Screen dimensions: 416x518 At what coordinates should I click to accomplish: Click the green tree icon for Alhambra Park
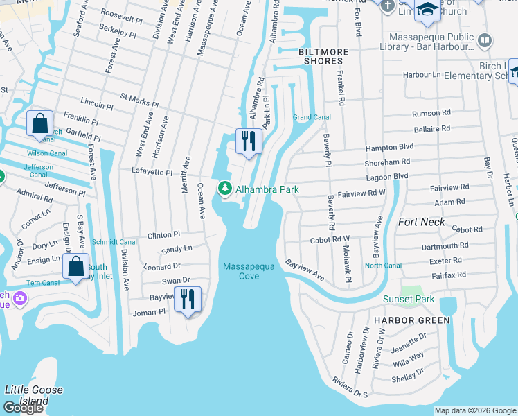click(x=225, y=189)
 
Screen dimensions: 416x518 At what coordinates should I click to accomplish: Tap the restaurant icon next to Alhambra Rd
click(x=248, y=141)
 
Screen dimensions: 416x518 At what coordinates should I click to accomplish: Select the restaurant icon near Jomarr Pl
click(x=187, y=299)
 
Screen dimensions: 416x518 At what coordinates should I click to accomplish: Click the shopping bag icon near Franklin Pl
click(x=40, y=124)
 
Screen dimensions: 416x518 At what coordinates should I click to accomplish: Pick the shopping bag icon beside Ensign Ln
click(x=75, y=266)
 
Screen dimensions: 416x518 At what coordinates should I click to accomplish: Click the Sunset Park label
click(x=409, y=299)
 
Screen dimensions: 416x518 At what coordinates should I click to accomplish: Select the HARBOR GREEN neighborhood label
click(x=411, y=320)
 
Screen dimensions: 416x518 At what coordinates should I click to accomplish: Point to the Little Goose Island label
click(x=34, y=395)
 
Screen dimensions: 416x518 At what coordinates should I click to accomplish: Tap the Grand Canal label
click(x=311, y=117)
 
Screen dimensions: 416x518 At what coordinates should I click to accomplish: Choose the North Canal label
click(x=383, y=266)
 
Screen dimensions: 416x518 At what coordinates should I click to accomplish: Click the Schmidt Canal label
click(x=114, y=242)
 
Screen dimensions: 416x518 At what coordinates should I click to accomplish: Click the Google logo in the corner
click(x=23, y=408)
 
